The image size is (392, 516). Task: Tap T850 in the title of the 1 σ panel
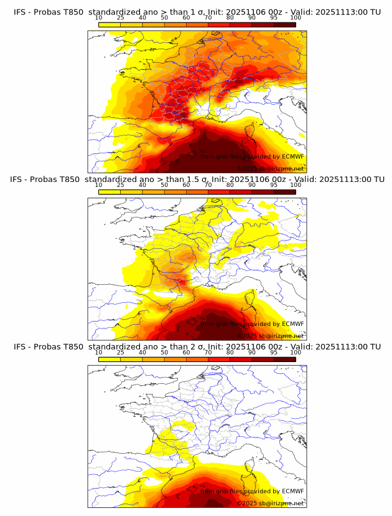[x=70, y=12]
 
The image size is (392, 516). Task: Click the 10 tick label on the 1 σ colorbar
[x=98, y=18]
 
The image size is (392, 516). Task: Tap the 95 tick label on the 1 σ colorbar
[x=274, y=18]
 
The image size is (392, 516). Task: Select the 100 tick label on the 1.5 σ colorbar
[x=296, y=185]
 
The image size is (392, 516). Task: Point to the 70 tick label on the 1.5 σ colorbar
[x=208, y=185]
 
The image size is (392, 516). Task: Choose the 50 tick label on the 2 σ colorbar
[x=164, y=352]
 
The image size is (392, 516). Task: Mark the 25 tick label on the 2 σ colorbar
[x=120, y=352]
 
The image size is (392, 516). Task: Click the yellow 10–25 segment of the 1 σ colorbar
[x=109, y=24]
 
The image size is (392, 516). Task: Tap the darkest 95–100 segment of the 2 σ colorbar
[x=284, y=359]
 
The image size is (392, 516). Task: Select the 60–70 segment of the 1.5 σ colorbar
[x=197, y=192]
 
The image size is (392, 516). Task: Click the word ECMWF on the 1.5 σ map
[x=292, y=324]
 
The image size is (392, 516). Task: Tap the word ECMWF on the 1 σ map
[x=292, y=157]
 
